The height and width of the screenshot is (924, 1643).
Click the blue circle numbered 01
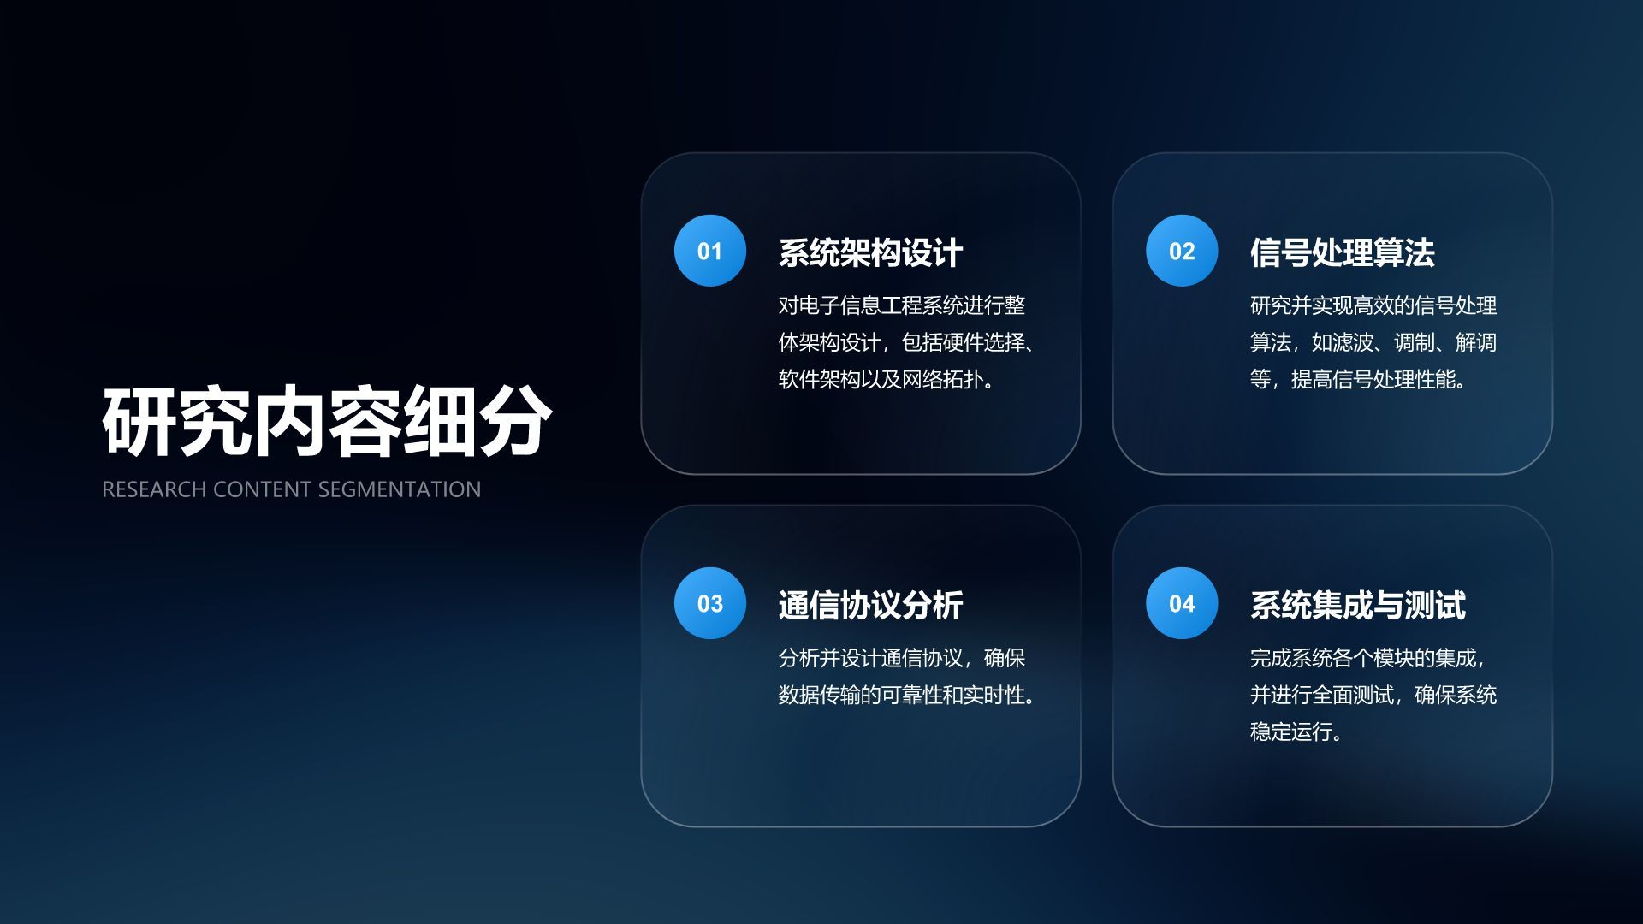[709, 251]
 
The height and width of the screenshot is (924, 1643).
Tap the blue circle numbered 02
[1182, 251]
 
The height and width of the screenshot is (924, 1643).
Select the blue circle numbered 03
[709, 603]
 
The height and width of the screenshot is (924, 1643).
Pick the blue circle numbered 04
[1182, 603]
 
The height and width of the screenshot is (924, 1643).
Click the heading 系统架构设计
[870, 253]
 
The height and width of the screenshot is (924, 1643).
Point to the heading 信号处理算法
[1342, 253]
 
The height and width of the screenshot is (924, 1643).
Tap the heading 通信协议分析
[870, 606]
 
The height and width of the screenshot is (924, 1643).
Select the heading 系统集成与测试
[1357, 606]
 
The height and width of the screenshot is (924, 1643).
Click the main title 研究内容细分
[327, 422]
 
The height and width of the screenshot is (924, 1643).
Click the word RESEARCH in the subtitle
[154, 489]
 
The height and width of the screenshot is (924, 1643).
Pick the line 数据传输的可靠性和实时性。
[909, 695]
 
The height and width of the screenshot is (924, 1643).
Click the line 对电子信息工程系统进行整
[901, 305]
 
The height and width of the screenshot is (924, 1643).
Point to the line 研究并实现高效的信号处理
[1373, 305]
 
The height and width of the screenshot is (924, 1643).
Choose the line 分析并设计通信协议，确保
[901, 658]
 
